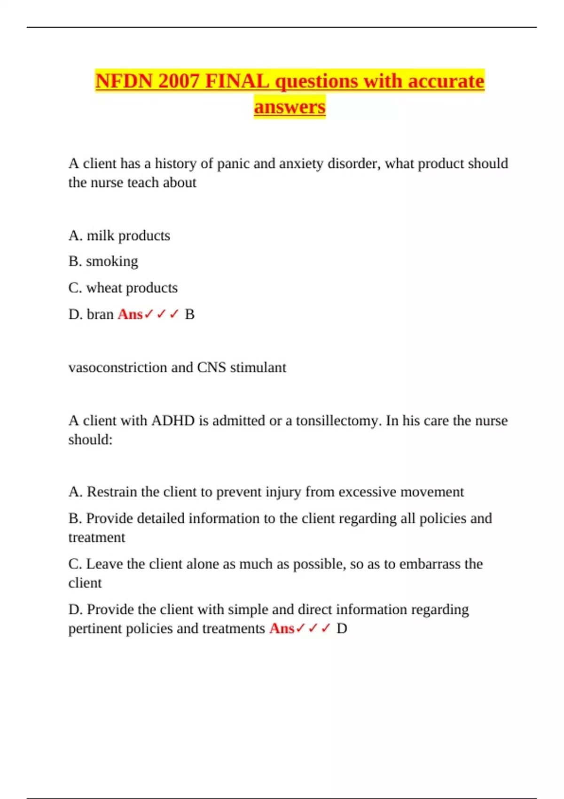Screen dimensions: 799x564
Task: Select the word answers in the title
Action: [x=290, y=107]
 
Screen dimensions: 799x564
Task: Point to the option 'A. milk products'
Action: [x=119, y=235]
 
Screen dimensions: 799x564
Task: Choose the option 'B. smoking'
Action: [x=103, y=261]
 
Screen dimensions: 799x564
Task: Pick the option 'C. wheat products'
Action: [x=123, y=288]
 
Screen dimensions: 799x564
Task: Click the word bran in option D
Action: [x=100, y=314]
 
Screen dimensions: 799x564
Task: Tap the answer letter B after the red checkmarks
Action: [x=190, y=314]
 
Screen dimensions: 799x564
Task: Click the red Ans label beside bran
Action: [x=130, y=314]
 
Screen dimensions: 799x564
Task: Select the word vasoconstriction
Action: [x=117, y=367]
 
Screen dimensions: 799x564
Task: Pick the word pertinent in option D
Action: [x=95, y=628]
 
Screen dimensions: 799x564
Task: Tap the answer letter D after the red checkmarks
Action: [x=342, y=628]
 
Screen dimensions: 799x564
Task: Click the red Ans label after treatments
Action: [x=282, y=628]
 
